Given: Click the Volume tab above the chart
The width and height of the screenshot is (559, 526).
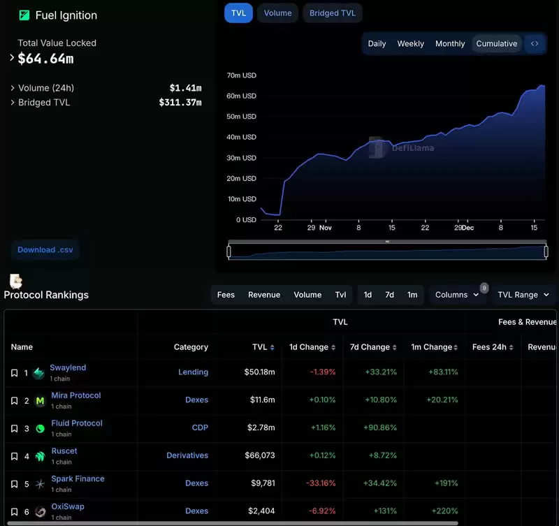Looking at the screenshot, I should pos(277,13).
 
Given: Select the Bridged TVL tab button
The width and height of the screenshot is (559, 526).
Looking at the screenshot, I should pos(333,13).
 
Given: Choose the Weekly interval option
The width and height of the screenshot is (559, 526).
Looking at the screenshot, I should pos(410,43).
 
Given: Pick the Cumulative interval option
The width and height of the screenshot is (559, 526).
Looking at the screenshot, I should pos(497,43).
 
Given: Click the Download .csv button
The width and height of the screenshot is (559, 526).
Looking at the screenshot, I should pos(45,249).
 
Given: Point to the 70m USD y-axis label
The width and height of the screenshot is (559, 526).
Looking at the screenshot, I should pos(242,75).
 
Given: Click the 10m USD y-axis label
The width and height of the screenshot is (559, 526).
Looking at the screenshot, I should pos(242,199).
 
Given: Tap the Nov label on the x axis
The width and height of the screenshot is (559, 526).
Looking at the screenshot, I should pos(326,228).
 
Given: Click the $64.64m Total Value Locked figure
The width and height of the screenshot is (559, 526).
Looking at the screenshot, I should pos(45,59).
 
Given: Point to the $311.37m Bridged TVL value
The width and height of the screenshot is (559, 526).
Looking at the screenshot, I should pos(180,103).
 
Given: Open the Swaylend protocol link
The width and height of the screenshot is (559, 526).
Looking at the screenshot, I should pos(68,367).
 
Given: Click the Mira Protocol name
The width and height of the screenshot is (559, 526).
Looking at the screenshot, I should pos(75,395).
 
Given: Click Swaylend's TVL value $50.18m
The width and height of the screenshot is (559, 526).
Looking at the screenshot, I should pos(259,372).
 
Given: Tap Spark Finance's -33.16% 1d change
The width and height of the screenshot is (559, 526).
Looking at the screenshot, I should pos(322,483).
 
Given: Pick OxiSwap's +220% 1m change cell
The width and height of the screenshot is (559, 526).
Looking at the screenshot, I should pos(444,511).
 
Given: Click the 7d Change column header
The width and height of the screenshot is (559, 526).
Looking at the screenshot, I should pos(370,347).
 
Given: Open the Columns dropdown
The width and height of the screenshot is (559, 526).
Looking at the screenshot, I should pos(457,295).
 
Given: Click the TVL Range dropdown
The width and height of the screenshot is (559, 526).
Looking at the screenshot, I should pos(523,295).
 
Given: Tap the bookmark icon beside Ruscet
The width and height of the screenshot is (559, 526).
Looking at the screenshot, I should pos(14,456).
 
